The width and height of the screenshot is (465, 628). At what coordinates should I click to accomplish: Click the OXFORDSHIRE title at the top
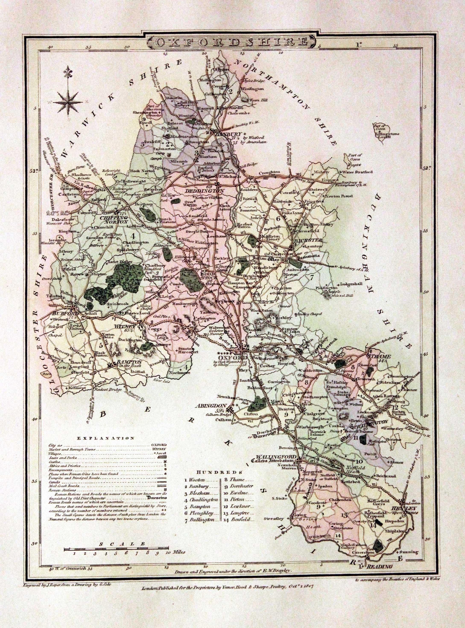point(232,42)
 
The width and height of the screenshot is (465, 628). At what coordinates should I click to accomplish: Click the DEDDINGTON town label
point(209,191)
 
